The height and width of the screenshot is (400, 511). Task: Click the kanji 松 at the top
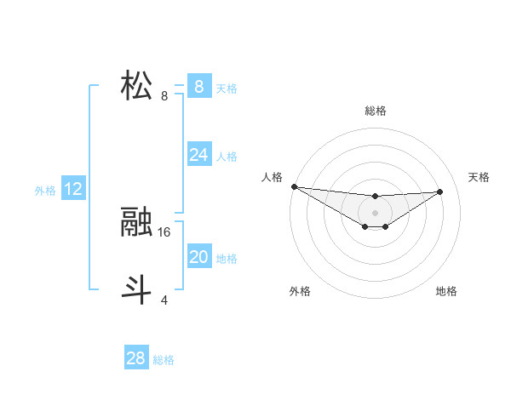[136, 86]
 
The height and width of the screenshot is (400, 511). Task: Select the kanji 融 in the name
[136, 223]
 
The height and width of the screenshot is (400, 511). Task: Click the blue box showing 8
[198, 87]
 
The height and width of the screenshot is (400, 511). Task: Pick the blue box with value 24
[198, 155]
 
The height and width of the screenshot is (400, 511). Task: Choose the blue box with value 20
[198, 257]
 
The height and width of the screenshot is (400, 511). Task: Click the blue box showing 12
[73, 189]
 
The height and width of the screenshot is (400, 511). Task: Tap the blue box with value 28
[135, 358]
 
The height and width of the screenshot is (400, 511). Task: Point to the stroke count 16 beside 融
[164, 231]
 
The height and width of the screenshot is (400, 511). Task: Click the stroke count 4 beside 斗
[164, 300]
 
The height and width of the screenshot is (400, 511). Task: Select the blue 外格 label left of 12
[45, 191]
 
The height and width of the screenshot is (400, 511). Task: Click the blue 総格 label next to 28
[164, 360]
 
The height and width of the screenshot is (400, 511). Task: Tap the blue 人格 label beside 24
[227, 157]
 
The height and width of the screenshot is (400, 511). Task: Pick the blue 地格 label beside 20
[227, 259]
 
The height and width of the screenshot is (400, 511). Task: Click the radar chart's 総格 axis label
[375, 111]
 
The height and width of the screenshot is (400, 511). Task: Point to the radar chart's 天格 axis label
[479, 177]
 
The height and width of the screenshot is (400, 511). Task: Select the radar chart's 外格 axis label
[300, 291]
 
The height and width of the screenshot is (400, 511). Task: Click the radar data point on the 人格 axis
[294, 186]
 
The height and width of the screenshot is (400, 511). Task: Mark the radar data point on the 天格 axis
[440, 191]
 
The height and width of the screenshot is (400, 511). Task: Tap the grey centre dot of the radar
[375, 213]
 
